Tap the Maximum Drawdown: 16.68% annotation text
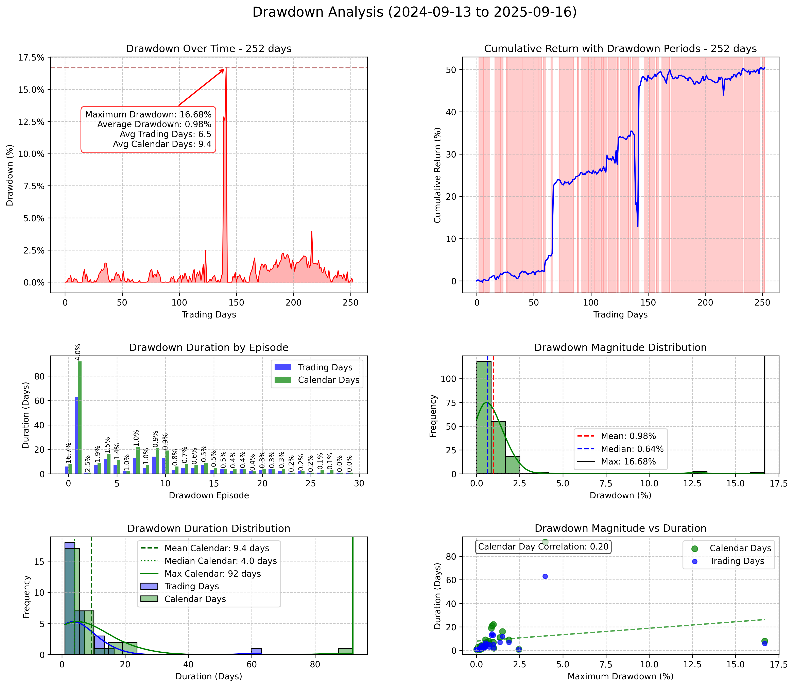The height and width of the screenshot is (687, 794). [148, 114]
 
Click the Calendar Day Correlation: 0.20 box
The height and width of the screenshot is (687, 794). [543, 547]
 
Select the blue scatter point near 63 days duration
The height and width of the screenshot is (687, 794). [545, 576]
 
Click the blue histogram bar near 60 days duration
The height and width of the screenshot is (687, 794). [256, 651]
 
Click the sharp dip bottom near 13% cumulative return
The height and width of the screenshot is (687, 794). [638, 226]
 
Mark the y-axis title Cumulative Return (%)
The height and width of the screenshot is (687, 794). [437, 175]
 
